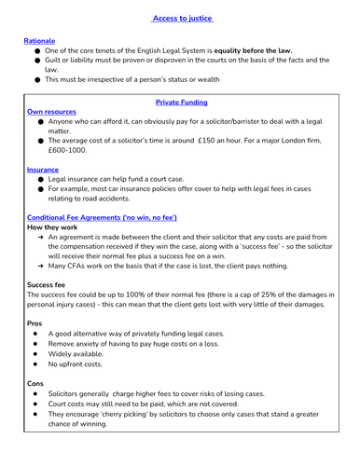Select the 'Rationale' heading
(40, 41)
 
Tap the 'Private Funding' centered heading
(181, 102)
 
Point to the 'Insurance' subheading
(44, 170)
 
